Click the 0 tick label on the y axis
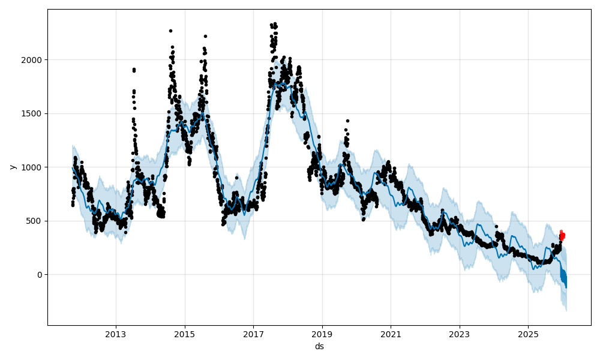pyautogui.click(x=40, y=275)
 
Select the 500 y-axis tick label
pyautogui.click(x=36, y=221)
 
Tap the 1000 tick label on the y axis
pyautogui.click(x=34, y=167)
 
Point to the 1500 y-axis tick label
pyautogui.click(x=34, y=113)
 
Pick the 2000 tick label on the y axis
pyautogui.click(x=34, y=60)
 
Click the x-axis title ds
pyautogui.click(x=319, y=346)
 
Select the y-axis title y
pyautogui.click(x=11, y=167)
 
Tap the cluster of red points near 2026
pyautogui.click(x=562, y=235)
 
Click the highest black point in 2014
pyautogui.click(x=170, y=31)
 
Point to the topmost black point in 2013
pyautogui.click(x=134, y=69)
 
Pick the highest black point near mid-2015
pyautogui.click(x=205, y=36)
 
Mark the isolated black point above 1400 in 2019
pyautogui.click(x=347, y=121)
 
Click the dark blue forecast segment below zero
pyautogui.click(x=563, y=278)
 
